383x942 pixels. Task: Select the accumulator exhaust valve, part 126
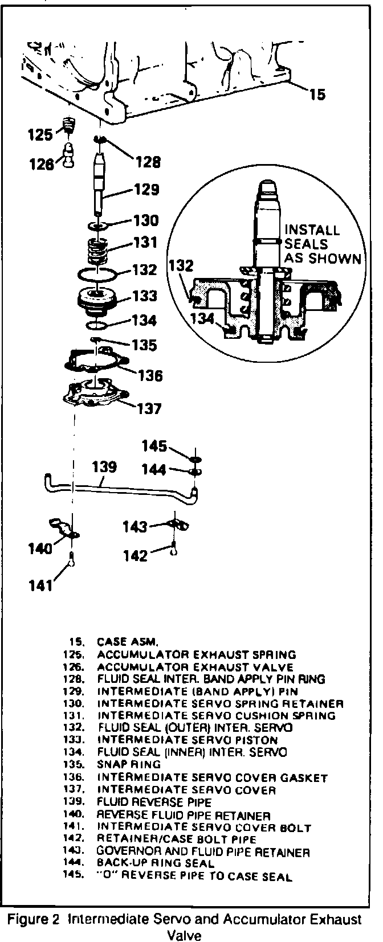click(69, 154)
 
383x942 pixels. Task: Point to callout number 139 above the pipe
click(105, 467)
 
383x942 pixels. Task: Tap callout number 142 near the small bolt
click(135, 555)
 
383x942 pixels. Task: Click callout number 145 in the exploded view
click(154, 446)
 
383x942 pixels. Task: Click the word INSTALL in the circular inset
click(312, 230)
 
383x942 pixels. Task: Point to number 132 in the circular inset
click(181, 266)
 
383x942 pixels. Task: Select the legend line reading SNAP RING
click(120, 765)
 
